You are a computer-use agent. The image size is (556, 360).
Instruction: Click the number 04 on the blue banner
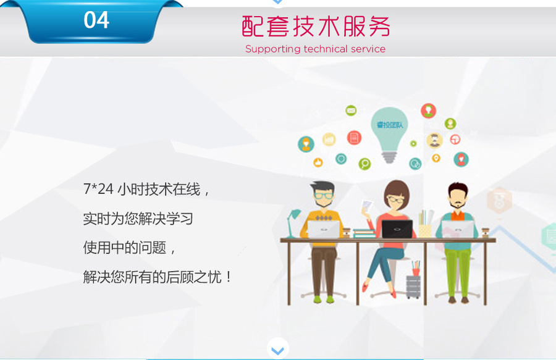96,20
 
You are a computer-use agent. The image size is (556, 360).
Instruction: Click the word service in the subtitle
368,49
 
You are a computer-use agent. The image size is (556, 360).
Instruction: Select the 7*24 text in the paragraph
98,189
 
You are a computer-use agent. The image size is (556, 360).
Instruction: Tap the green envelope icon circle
351,111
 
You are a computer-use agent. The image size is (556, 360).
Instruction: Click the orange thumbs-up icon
318,162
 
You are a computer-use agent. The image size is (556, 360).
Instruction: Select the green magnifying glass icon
364,164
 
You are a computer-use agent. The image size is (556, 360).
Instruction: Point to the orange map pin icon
436,158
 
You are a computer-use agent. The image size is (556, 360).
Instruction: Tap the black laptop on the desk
397,229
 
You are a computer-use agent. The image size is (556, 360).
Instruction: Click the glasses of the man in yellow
324,195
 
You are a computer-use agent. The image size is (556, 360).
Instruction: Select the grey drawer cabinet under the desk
413,287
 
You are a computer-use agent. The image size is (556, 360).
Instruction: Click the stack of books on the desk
364,233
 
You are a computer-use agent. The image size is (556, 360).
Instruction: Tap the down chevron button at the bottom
277,350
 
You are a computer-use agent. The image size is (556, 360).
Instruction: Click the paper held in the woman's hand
367,206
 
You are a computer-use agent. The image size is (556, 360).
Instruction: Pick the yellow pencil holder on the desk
425,231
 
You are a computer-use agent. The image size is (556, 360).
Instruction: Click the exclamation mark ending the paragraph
229,277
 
